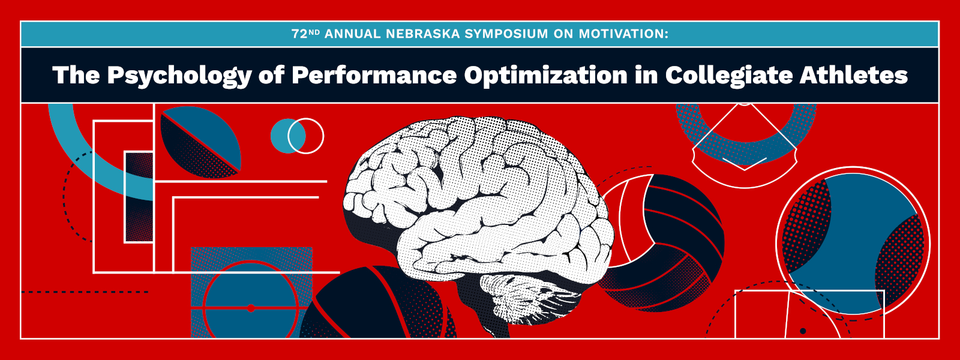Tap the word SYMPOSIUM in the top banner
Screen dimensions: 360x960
(x=506, y=34)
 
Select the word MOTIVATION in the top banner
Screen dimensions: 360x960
(x=622, y=34)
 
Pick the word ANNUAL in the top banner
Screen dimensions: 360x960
(x=353, y=34)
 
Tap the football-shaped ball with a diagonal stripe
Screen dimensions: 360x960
(x=200, y=142)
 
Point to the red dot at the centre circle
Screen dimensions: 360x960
(x=251, y=308)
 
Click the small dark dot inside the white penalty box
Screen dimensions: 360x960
(x=803, y=331)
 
